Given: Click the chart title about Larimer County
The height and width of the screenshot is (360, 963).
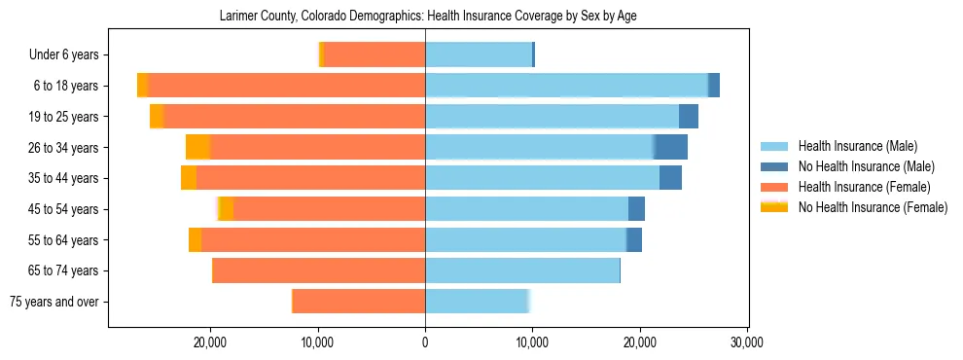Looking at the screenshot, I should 428,17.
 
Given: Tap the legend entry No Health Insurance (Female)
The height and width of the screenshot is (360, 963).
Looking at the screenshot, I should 872,207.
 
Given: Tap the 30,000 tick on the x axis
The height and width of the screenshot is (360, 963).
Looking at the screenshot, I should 746,342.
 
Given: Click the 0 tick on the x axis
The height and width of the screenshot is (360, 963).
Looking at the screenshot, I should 425,342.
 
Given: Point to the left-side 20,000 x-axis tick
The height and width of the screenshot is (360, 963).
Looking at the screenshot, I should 210,342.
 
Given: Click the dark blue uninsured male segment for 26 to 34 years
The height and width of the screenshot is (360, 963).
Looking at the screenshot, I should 671,147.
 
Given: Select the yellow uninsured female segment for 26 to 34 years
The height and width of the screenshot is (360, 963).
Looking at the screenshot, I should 197,147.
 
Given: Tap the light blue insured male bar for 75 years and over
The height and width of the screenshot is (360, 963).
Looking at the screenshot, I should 477,302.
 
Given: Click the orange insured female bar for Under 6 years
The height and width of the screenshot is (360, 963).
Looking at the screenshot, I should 374,55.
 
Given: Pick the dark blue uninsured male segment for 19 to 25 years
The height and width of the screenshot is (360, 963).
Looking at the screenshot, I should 689,117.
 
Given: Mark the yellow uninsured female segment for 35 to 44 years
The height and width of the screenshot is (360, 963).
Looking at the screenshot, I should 189,178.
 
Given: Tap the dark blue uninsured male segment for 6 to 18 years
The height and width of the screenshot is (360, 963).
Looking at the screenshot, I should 714,86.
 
